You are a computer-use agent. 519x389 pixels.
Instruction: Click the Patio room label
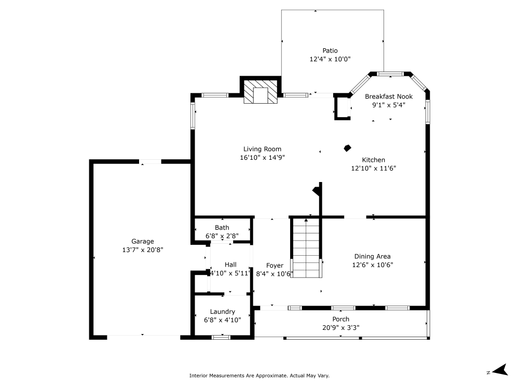coord(330,50)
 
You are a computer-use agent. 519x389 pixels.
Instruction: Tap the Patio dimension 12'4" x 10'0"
coord(330,59)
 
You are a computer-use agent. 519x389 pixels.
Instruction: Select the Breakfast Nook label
coord(389,96)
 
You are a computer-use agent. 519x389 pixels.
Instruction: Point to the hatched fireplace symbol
coord(261,92)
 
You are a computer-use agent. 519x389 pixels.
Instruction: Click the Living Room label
coord(262,149)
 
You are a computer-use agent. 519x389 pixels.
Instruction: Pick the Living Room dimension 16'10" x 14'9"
coord(262,157)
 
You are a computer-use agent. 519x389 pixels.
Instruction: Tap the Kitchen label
coord(374,160)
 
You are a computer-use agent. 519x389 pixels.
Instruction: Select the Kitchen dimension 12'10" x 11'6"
coord(374,168)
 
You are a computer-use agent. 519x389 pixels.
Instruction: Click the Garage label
coord(142,241)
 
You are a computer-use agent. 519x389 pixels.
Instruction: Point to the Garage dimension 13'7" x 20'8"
coord(142,249)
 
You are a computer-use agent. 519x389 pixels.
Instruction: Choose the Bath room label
coord(222,227)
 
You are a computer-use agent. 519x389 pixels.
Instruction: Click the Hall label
coord(230,265)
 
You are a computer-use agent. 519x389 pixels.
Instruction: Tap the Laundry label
coord(222,312)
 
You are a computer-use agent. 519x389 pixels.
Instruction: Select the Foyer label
coord(275,266)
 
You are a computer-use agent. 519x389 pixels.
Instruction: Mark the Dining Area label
coord(372,256)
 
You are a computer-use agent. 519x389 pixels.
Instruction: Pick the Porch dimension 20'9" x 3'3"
coord(340,327)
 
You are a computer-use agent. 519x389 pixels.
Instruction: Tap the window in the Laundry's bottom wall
coord(221,338)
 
